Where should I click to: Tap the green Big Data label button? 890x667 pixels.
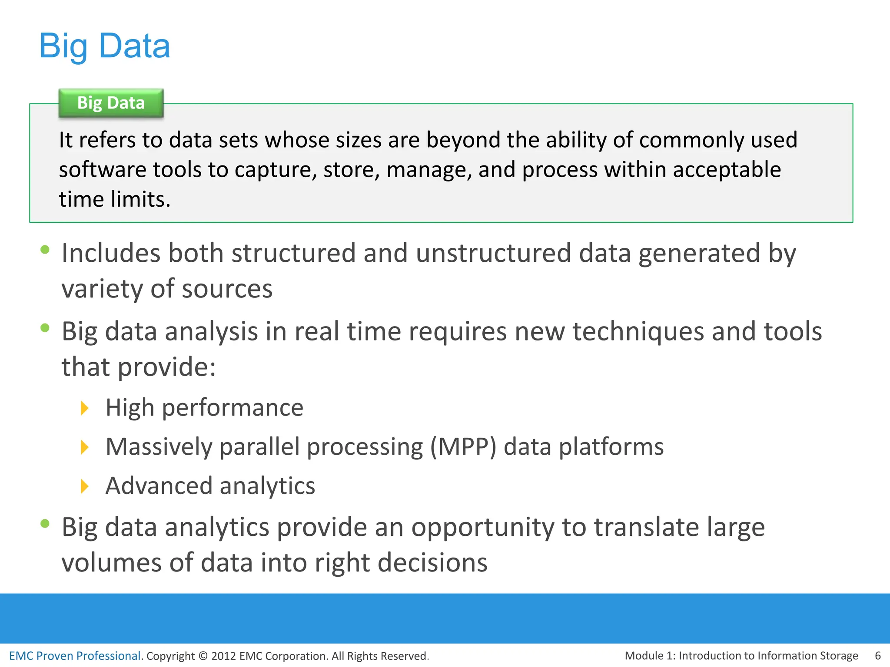[111, 103]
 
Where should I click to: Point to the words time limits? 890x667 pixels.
[115, 199]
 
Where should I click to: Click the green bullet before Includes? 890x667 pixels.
[45, 249]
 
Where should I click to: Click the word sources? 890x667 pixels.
[227, 289]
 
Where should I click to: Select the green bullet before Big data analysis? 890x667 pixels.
[45, 328]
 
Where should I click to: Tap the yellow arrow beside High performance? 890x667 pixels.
[85, 408]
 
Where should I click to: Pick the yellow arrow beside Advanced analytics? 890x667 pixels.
[85, 486]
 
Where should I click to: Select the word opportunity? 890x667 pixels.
[482, 528]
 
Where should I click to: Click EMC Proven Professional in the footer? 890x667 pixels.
[75, 656]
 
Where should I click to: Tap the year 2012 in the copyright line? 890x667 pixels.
[223, 656]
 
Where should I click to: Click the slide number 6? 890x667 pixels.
[877, 655]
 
